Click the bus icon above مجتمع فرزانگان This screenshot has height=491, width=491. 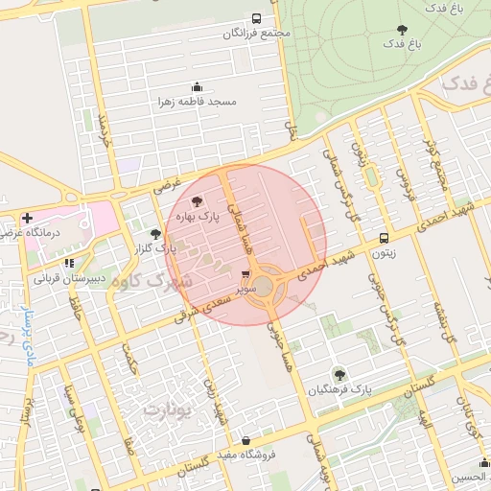coord(256,18)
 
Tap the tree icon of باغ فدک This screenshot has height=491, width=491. coord(401,30)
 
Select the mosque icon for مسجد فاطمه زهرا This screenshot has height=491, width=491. coord(198,86)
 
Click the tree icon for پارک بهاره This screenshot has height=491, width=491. coord(197,201)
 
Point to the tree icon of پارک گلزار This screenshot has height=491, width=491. coord(155,233)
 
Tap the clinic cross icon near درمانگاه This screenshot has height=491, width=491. coord(27,218)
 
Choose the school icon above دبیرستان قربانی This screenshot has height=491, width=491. coord(68,263)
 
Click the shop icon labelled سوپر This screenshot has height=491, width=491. coord(246,273)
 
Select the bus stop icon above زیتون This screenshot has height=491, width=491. coord(384,238)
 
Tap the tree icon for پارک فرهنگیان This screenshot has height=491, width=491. coord(338,373)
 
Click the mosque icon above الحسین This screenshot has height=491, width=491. coord(484,463)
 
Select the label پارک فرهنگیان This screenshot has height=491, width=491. coord(339,389)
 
